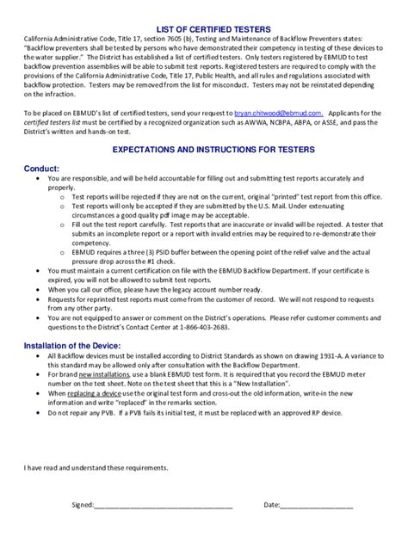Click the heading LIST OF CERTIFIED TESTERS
[x=204, y=29]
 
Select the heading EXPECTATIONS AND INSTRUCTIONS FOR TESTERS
[x=204, y=150]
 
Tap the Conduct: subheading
[x=42, y=169]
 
